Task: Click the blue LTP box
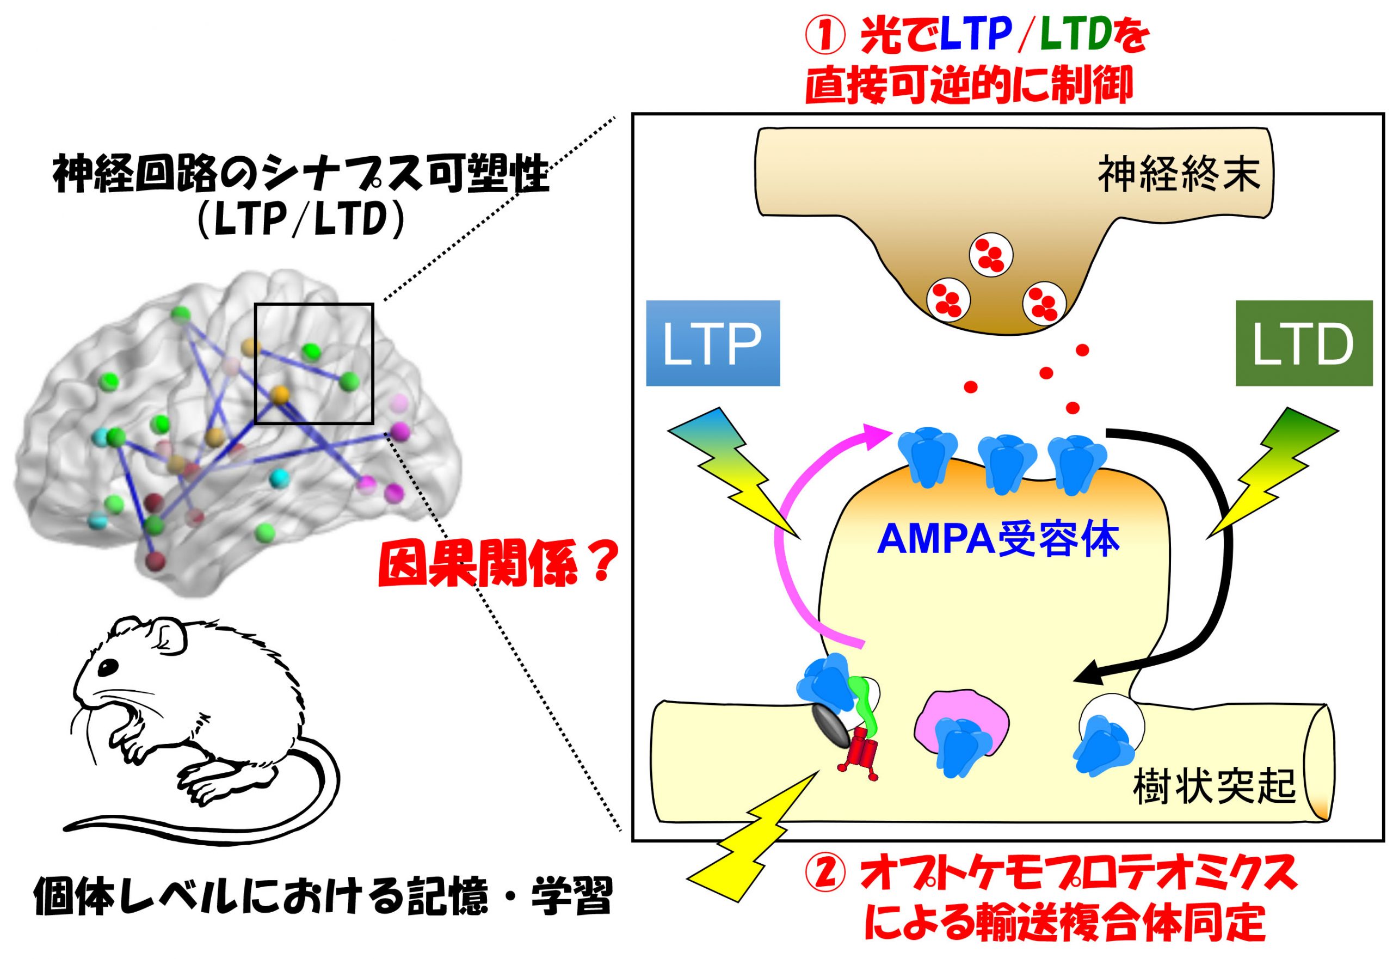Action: (x=712, y=343)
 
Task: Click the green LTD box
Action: (x=1304, y=343)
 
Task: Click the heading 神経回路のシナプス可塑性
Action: (x=301, y=175)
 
